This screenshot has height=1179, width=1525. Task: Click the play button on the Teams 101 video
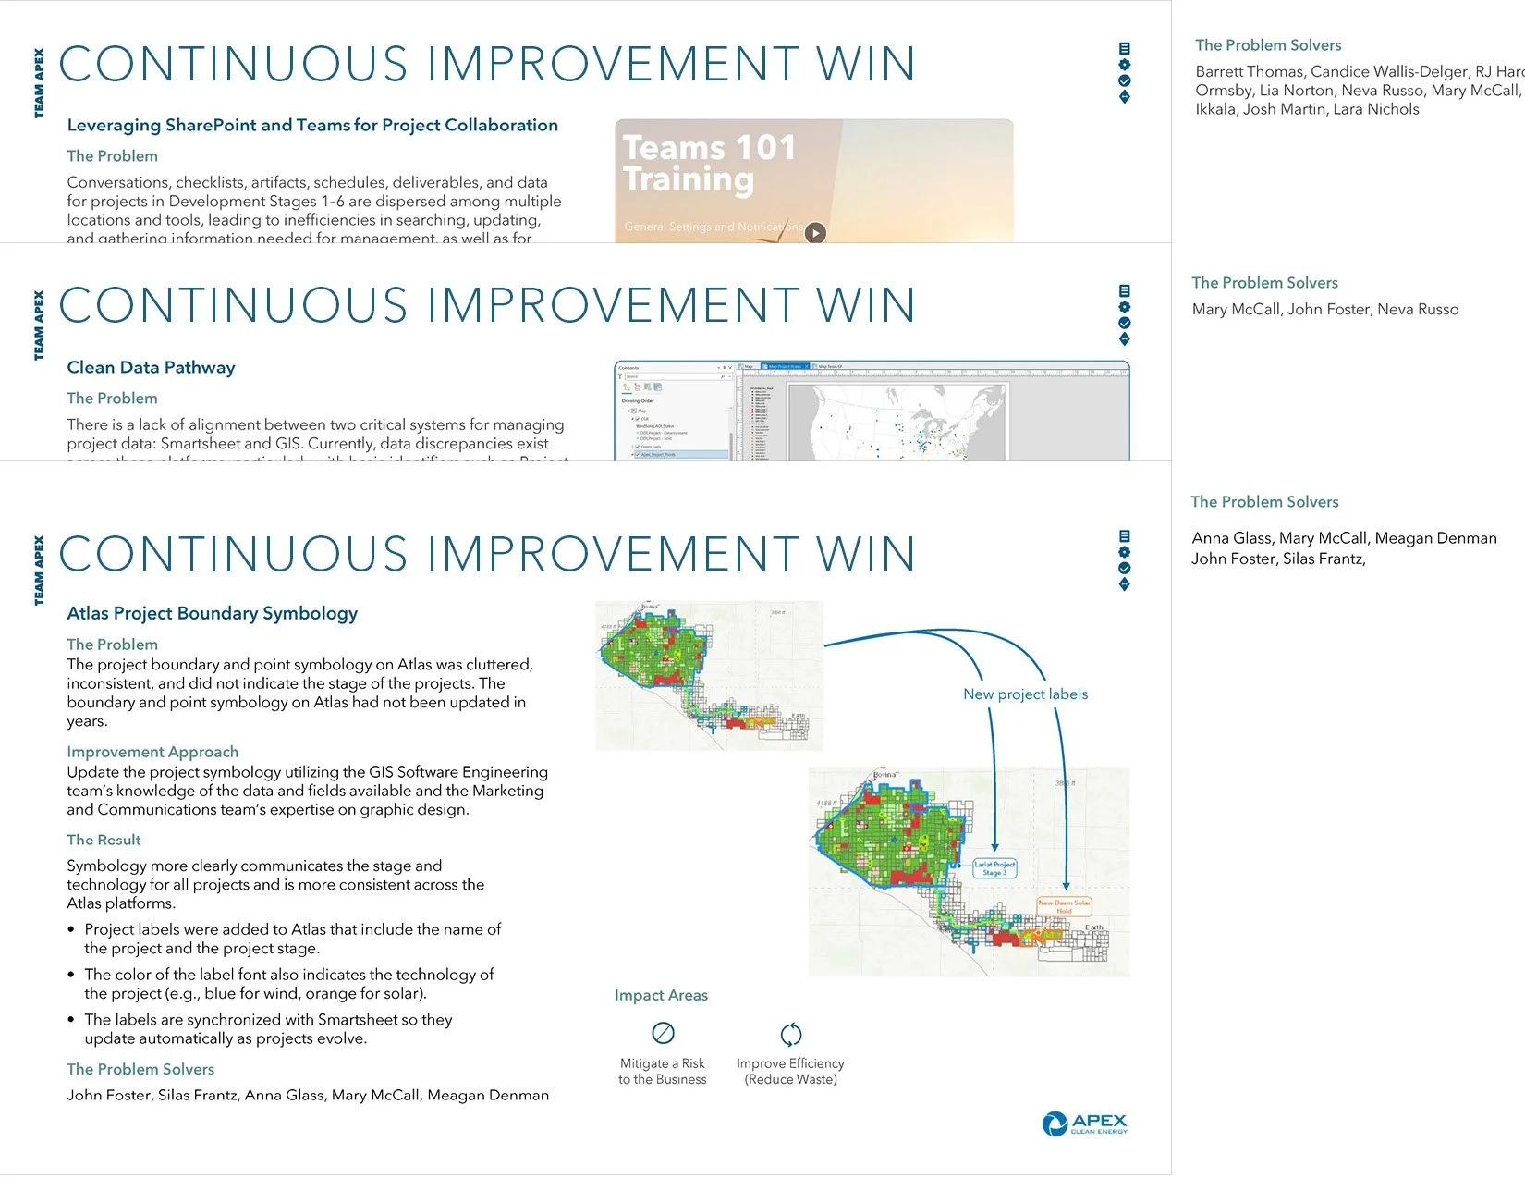pyautogui.click(x=814, y=232)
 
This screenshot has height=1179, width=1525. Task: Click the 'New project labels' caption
pyautogui.click(x=1025, y=694)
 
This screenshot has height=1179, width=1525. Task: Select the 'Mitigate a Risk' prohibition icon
pyautogui.click(x=663, y=1033)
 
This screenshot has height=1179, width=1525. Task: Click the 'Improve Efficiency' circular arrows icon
pyautogui.click(x=790, y=1034)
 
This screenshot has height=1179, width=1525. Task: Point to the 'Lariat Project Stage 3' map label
pyautogui.click(x=994, y=868)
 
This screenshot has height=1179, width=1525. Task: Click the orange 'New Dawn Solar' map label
pyautogui.click(x=1064, y=906)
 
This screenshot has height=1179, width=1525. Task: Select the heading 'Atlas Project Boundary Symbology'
pyautogui.click(x=212, y=613)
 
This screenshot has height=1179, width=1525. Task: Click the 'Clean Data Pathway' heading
pyautogui.click(x=151, y=367)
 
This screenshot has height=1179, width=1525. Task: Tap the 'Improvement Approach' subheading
pyautogui.click(x=152, y=752)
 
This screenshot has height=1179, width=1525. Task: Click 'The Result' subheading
pyautogui.click(x=104, y=840)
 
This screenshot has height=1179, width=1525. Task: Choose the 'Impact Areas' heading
pyautogui.click(x=661, y=995)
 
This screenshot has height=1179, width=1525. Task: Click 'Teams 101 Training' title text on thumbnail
pyautogui.click(x=708, y=163)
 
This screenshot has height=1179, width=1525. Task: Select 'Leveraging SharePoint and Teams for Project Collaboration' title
pyautogui.click(x=312, y=125)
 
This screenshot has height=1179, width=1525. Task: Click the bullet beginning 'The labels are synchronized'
pyautogui.click(x=267, y=1028)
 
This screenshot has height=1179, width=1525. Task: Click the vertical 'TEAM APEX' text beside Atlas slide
pyautogui.click(x=39, y=571)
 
